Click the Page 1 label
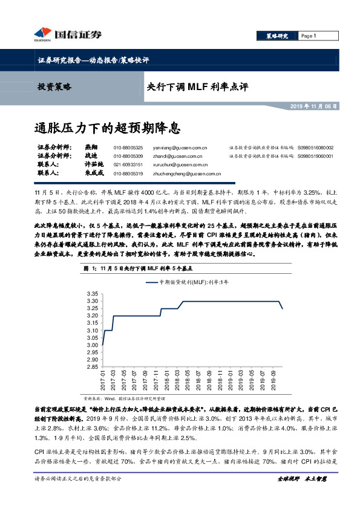309,36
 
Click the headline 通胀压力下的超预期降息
107,129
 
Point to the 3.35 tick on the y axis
93,294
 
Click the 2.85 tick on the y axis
93,366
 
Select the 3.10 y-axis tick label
93,330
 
